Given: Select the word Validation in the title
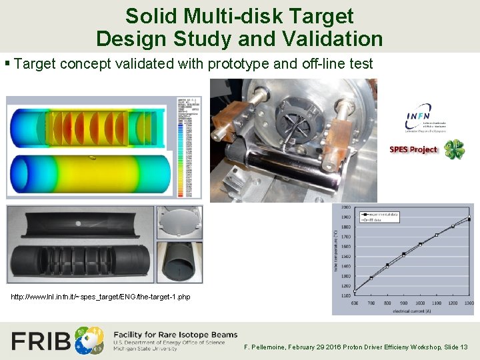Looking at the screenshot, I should pos(331,38).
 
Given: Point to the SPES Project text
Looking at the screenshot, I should pos(413,149).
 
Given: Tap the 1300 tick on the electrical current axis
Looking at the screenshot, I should pos(469,303).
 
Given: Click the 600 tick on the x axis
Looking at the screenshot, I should pos(354,303).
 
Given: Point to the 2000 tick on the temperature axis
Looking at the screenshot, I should pos(346,207).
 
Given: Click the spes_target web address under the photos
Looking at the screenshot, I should pos(101,297).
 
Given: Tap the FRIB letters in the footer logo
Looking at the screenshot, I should pos(42,341).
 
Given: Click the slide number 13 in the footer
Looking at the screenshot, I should pos(464,347).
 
